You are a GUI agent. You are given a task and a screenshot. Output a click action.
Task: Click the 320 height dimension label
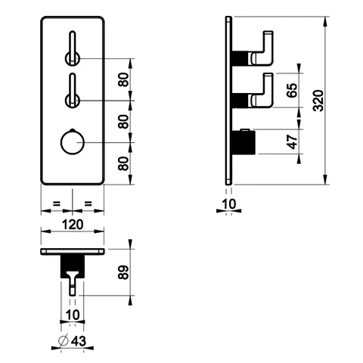318,101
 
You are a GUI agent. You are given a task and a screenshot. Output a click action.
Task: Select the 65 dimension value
292,90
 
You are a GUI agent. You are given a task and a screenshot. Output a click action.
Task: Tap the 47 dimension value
292,142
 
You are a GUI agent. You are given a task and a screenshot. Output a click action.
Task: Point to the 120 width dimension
73,225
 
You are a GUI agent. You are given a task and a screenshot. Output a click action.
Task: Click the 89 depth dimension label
123,272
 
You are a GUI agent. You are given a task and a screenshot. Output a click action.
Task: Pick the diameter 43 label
73,341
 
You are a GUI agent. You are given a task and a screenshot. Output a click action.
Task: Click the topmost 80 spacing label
123,79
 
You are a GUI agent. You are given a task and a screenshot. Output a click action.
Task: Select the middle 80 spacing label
123,122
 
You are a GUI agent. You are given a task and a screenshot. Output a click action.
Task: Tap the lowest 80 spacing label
123,163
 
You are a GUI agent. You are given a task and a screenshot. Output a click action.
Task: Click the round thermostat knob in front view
72,142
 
